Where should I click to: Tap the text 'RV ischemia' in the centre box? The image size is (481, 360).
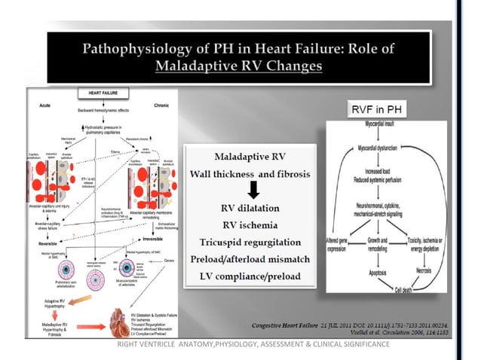247,222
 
